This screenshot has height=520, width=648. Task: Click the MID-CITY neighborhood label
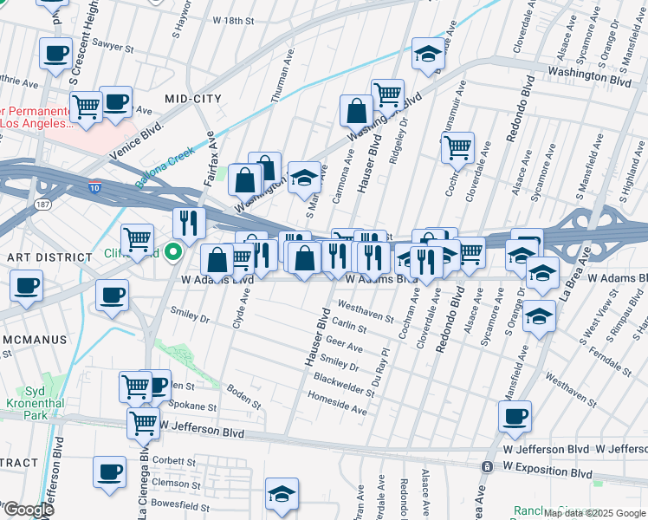pos(192,99)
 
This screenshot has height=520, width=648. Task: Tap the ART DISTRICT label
pos(49,257)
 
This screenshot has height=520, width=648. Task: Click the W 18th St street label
pos(234,19)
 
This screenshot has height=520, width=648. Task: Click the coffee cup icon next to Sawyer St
pos(56,54)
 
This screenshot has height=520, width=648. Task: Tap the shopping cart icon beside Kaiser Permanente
pos(86,108)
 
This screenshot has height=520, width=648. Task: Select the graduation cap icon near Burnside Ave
pos(425,55)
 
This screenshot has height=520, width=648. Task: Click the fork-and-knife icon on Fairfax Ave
pos(187,224)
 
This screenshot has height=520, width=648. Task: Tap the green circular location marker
pos(172,253)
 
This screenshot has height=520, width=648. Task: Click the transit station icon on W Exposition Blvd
pos(488,466)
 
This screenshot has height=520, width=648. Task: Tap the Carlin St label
pos(349,324)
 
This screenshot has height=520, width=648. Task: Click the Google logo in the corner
pos(28,510)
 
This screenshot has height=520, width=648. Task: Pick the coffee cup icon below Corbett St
pos(109,472)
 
